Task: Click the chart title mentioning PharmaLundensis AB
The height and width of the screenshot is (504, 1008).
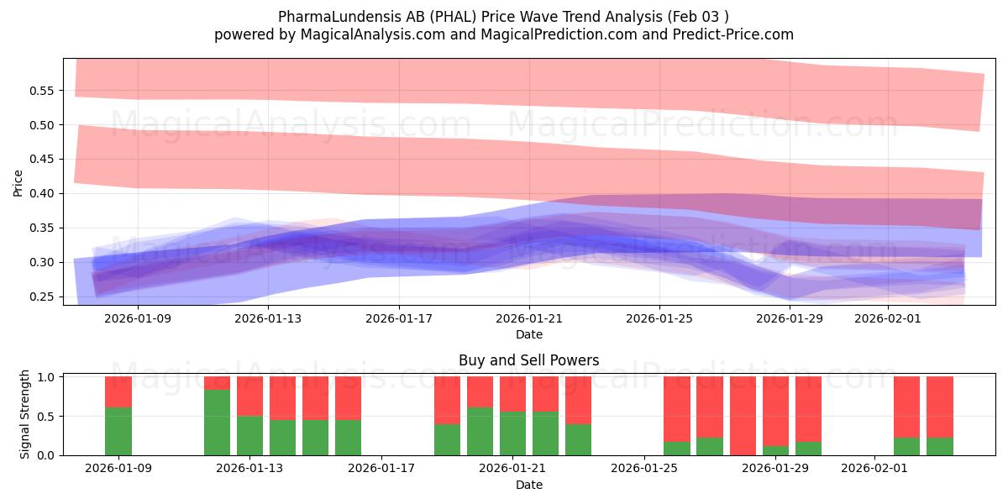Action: pos(503,16)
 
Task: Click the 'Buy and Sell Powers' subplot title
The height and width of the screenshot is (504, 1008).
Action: pos(528,360)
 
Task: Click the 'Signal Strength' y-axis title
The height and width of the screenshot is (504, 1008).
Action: pos(25,414)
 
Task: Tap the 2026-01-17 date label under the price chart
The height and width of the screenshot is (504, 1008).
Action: pos(398,318)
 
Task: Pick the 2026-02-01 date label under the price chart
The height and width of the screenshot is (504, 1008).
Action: pos(889,318)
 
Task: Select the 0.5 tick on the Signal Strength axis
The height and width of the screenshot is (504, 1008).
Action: pos(49,416)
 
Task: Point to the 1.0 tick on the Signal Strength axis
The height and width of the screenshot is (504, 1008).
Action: pos(49,377)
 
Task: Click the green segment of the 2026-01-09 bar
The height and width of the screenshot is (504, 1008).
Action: pos(118,431)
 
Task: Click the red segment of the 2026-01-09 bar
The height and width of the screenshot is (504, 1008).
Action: pos(118,391)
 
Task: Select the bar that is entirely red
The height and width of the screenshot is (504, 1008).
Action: pos(743,416)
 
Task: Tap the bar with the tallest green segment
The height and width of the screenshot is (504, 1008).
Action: pos(217,423)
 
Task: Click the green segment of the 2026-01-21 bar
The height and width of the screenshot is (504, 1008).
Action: pos(512,433)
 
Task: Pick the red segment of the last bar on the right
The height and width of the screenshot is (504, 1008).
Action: pos(939,407)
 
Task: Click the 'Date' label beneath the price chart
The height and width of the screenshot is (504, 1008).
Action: pos(528,334)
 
